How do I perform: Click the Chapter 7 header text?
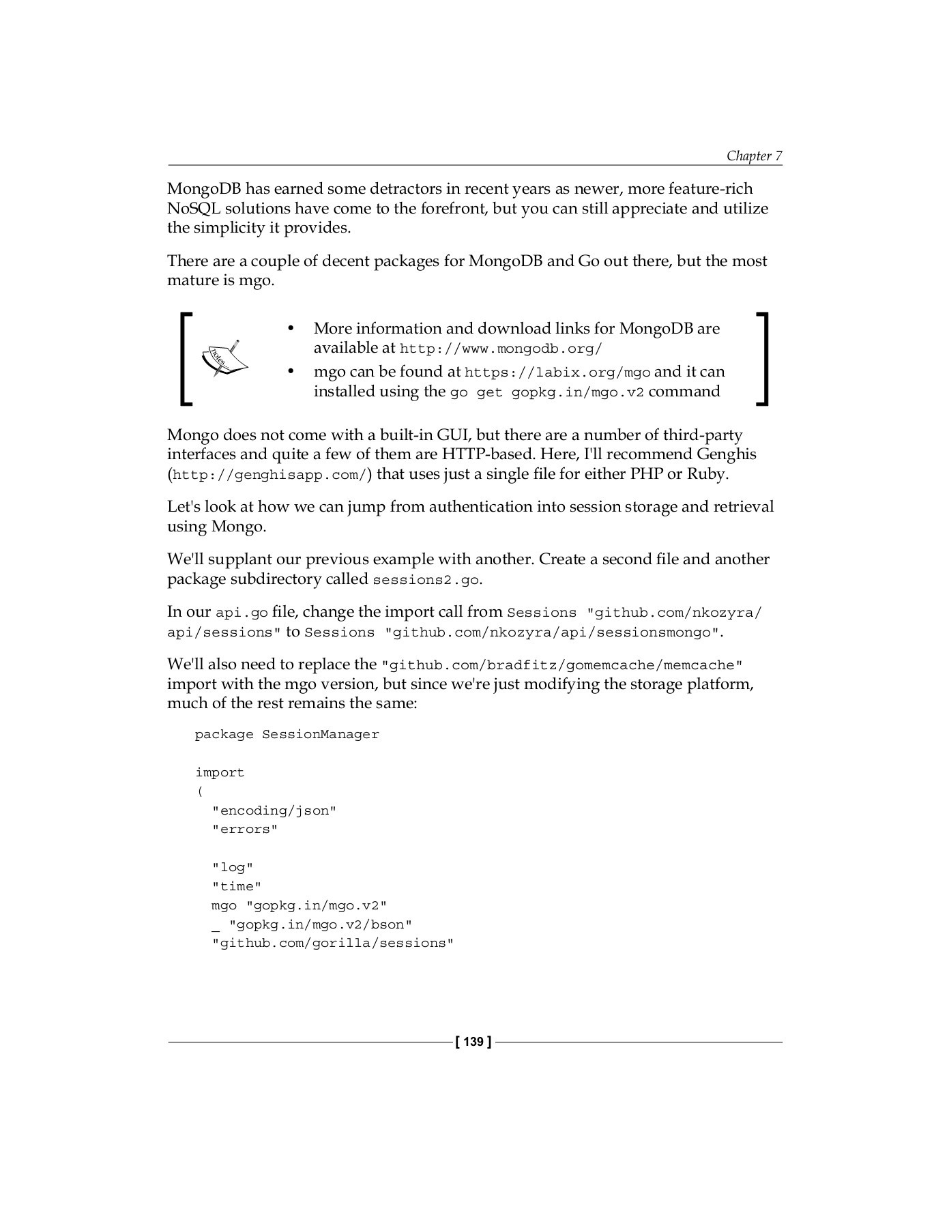(x=753, y=156)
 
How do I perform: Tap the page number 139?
(x=472, y=1042)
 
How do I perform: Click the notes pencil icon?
(x=223, y=358)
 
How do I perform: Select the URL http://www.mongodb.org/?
(x=500, y=349)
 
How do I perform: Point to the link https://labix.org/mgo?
(x=557, y=372)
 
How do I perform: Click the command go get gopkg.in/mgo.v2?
(x=546, y=392)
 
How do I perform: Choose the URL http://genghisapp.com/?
(x=269, y=475)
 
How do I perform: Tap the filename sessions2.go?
(x=426, y=580)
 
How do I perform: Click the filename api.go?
(x=242, y=613)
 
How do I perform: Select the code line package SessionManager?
(x=287, y=735)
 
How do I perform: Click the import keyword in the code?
(x=220, y=772)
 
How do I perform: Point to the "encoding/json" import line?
(x=274, y=810)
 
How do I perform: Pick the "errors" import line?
(x=245, y=830)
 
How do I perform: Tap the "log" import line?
(x=233, y=868)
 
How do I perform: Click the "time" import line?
(x=237, y=887)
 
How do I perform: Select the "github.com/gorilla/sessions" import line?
(x=333, y=944)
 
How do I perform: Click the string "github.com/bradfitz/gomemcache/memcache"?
(x=561, y=665)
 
